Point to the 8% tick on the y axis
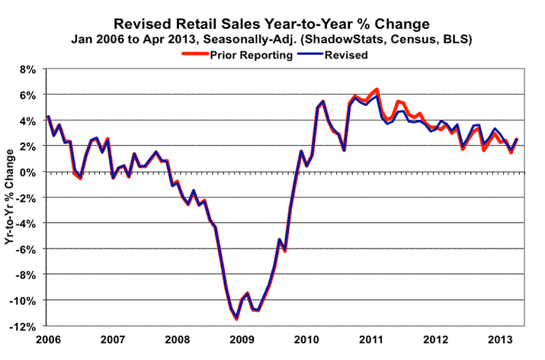(27, 69)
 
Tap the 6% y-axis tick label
(27, 95)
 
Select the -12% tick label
(22, 326)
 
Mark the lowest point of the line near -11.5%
(236, 318)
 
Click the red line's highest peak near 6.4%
(377, 90)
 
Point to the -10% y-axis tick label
(22, 300)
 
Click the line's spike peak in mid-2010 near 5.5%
(323, 101)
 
